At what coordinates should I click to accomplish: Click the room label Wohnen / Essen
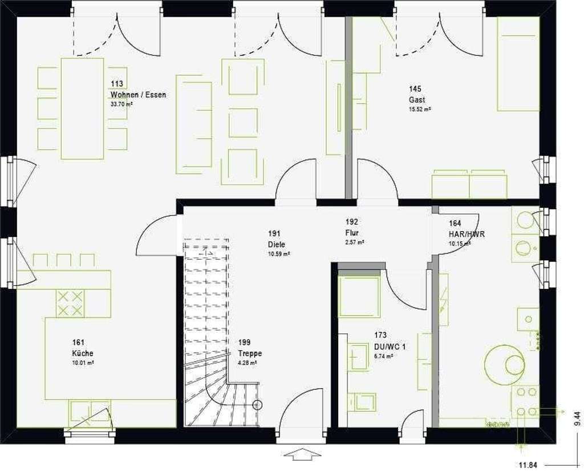click(x=138, y=95)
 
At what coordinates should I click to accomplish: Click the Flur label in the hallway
click(x=351, y=232)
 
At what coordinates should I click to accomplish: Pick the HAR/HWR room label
click(x=459, y=234)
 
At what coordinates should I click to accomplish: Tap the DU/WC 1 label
click(x=390, y=346)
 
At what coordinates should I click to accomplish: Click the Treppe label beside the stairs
click(x=250, y=353)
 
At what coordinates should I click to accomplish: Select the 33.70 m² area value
click(x=121, y=104)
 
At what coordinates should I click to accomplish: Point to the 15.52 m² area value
click(x=419, y=109)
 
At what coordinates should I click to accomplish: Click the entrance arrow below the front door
click(x=302, y=455)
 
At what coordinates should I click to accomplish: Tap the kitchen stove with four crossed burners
click(x=70, y=303)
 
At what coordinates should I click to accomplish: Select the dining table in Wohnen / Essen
click(x=83, y=108)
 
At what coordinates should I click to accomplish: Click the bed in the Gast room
click(x=518, y=64)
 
